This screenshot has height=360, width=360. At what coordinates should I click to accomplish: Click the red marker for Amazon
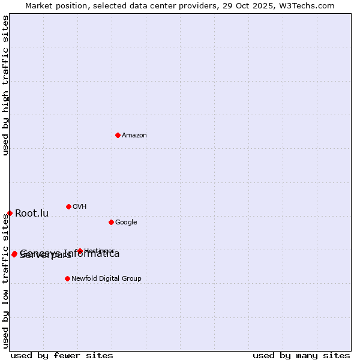[118, 135]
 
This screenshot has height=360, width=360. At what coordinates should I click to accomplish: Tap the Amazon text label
[134, 136]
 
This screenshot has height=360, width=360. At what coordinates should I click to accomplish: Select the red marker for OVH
[68, 206]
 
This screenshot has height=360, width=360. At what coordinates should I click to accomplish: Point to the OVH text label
[80, 207]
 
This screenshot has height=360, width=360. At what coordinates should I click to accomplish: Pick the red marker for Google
[111, 222]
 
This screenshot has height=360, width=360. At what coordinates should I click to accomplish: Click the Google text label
[126, 223]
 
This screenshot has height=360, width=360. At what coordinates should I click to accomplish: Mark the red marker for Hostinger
[80, 251]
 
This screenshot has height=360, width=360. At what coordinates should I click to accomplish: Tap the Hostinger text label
[100, 251]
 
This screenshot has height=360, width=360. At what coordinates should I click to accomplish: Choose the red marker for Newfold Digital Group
[67, 278]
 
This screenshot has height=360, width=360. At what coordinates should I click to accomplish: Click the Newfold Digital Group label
[106, 279]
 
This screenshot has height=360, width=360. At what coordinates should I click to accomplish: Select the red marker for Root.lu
[10, 213]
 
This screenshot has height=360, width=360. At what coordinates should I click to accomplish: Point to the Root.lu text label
[32, 214]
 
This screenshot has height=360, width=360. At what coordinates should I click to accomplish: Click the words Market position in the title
[53, 6]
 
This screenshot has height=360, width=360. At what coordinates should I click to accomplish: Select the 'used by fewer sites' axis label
[62, 356]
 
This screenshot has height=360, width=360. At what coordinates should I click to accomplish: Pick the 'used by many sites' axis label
[301, 356]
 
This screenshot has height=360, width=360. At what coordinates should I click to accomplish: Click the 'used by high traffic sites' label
[6, 85]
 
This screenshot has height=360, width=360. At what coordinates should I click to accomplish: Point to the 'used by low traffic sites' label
[6, 281]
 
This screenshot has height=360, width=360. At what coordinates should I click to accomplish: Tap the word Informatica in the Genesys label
[93, 253]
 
